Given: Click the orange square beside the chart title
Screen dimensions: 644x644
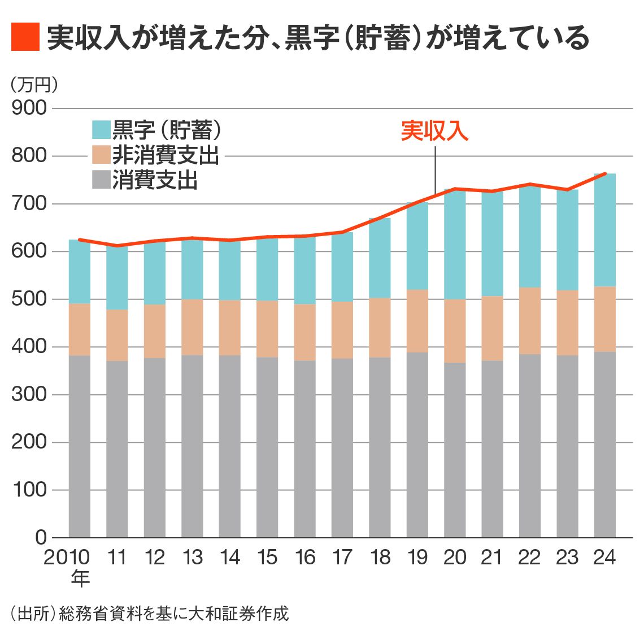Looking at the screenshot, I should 25,37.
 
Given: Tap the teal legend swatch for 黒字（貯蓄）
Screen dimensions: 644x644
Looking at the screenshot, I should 101,130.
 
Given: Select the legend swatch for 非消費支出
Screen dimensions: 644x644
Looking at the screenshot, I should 101,155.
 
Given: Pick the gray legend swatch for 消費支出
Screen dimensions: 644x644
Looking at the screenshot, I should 101,180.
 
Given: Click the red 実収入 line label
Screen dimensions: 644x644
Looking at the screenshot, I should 434,131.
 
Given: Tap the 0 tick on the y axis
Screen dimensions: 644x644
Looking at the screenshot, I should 41,537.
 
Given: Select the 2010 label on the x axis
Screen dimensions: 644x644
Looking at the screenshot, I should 67,558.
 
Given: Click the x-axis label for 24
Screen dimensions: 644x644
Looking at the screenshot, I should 604,558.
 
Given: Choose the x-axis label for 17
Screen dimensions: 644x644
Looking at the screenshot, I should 342,558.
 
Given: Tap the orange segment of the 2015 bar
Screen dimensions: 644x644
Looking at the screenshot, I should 267,329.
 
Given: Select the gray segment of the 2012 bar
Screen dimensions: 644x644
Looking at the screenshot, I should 155,446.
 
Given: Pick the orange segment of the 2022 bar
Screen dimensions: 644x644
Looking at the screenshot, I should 530,321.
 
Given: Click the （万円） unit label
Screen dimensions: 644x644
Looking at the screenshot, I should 34,85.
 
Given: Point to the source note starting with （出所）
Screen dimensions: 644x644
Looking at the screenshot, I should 149,613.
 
